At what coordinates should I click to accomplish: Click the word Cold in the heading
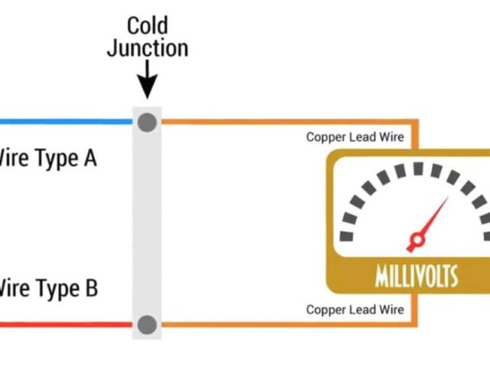click(147, 26)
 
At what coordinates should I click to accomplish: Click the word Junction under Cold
click(147, 48)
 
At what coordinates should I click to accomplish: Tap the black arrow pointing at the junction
click(147, 82)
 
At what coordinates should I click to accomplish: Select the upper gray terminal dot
click(147, 121)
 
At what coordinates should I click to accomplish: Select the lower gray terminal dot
click(147, 324)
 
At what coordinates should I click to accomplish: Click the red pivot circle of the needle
click(416, 242)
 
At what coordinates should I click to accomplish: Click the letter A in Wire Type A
click(90, 159)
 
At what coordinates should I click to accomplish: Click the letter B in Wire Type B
click(90, 289)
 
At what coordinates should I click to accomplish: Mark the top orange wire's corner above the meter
click(417, 122)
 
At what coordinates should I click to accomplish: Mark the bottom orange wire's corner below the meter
click(417, 324)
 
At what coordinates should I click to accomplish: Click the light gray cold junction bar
click(147, 222)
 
